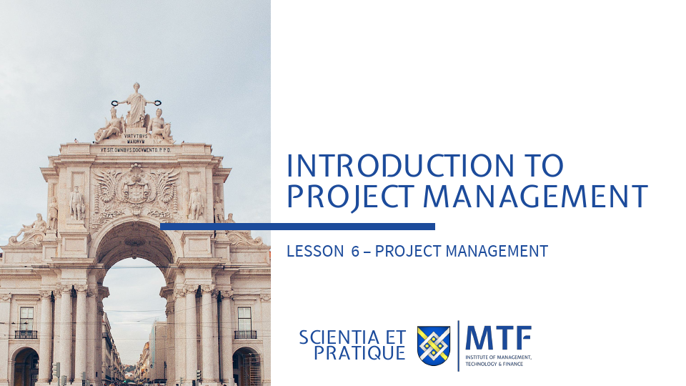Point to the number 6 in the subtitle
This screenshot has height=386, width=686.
tap(355, 252)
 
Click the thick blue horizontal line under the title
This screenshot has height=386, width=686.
tap(297, 227)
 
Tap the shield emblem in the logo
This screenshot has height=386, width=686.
tap(434, 346)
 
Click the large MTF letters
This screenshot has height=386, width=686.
tap(498, 337)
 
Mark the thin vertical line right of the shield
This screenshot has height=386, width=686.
tap(458, 346)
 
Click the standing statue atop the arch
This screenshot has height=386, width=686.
tap(135, 104)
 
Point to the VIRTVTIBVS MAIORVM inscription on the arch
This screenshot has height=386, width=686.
tap(136, 137)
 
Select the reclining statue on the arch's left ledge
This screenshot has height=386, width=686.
tap(29, 230)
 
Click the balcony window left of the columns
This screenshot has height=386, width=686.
tap(26, 322)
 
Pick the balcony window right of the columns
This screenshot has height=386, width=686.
tap(245, 322)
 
